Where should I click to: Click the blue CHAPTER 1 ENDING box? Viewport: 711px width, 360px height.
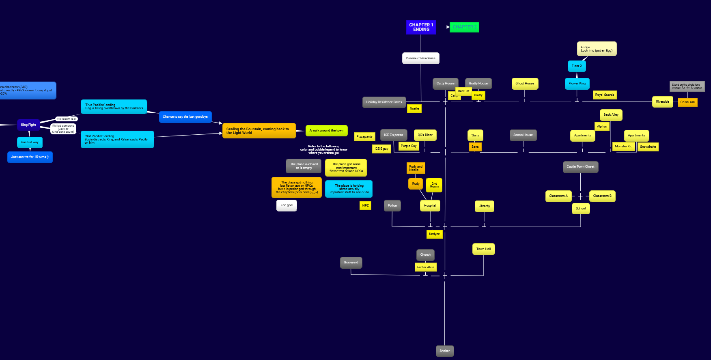(x=421, y=27)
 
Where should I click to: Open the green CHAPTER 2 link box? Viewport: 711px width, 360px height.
(x=464, y=27)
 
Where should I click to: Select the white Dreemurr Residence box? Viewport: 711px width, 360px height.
(x=420, y=58)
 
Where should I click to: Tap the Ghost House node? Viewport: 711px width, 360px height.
(x=525, y=84)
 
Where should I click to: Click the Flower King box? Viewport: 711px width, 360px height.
(x=577, y=84)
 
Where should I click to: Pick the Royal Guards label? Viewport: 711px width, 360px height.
(x=604, y=95)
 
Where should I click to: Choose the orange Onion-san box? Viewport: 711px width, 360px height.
(x=687, y=102)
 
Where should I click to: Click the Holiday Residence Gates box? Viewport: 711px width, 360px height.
(x=384, y=102)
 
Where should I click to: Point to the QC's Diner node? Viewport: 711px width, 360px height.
(x=425, y=135)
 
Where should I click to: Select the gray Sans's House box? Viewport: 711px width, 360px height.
(x=523, y=135)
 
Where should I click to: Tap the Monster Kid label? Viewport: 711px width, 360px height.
(x=623, y=147)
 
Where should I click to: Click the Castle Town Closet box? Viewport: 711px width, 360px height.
(x=580, y=167)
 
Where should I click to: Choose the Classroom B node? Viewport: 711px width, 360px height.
(x=602, y=196)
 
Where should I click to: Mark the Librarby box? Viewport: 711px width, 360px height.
(x=484, y=206)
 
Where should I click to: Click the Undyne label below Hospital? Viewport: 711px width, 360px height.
(x=434, y=234)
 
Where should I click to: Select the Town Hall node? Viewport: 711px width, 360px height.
(x=483, y=249)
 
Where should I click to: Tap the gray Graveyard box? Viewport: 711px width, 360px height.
(x=351, y=263)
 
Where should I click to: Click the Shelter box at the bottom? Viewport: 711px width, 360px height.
(x=444, y=351)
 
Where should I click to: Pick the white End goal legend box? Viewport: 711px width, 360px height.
(x=287, y=205)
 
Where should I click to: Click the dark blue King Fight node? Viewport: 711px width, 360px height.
(x=28, y=125)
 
